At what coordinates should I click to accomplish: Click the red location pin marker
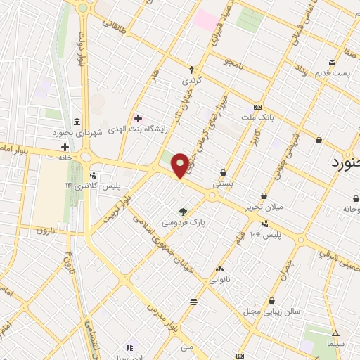click(x=180, y=165)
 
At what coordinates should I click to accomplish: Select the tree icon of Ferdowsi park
click(x=184, y=211)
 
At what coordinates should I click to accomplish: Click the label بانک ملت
click(x=257, y=117)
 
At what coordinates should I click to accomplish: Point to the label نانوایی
click(x=220, y=279)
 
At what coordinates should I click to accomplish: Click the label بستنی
click(x=224, y=182)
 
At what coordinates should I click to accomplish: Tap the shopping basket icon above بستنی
click(x=224, y=172)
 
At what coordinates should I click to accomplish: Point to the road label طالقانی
click(x=117, y=28)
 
